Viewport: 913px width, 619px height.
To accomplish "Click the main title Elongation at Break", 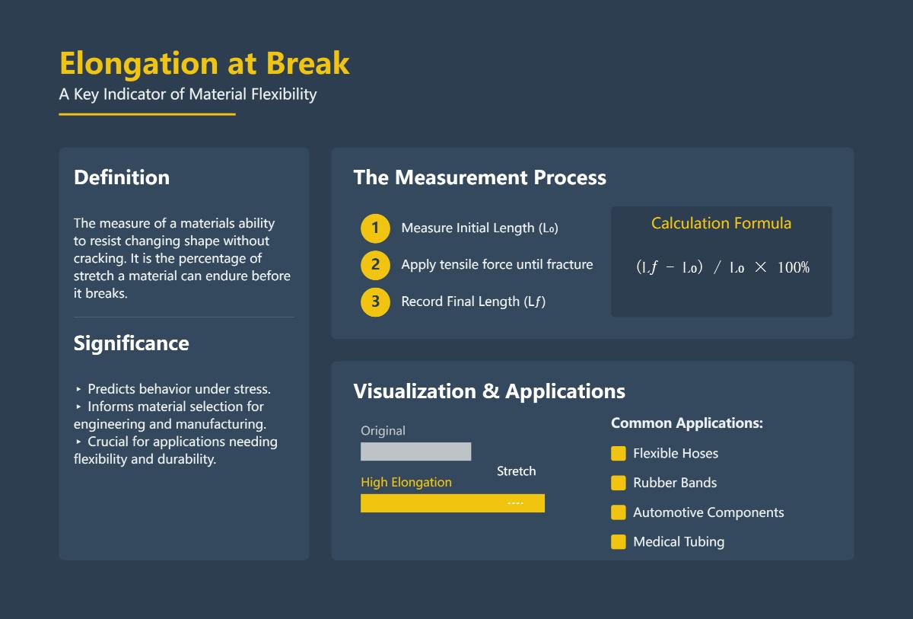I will pyautogui.click(x=204, y=63).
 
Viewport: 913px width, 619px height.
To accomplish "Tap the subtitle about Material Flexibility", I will pyautogui.click(x=187, y=94).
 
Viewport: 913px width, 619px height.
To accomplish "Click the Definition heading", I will pyautogui.click(x=122, y=177).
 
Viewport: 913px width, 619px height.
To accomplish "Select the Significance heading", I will pyautogui.click(x=131, y=343).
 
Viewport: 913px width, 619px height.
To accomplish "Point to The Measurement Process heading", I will pyautogui.click(x=479, y=177).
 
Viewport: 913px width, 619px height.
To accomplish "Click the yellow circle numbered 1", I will pyautogui.click(x=375, y=228).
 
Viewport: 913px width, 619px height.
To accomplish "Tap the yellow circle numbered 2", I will pyautogui.click(x=375, y=265).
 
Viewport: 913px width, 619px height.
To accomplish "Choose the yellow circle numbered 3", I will pyautogui.click(x=375, y=302).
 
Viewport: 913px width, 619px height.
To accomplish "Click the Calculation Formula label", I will pyautogui.click(x=721, y=223).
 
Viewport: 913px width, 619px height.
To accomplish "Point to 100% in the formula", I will pyautogui.click(x=793, y=268).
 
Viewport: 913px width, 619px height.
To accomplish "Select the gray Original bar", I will pyautogui.click(x=415, y=451).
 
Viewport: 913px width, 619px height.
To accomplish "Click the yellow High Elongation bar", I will pyautogui.click(x=452, y=503).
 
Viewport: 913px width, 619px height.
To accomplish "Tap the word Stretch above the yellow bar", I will pyautogui.click(x=516, y=471).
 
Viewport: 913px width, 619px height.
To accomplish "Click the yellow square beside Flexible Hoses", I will pyautogui.click(x=619, y=454).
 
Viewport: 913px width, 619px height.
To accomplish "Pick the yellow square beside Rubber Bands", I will pyautogui.click(x=619, y=483).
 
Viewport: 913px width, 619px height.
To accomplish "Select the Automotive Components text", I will pyautogui.click(x=708, y=512).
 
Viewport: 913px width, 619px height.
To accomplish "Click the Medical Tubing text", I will pyautogui.click(x=678, y=542).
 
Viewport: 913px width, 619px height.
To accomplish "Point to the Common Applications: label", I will pyautogui.click(x=686, y=423).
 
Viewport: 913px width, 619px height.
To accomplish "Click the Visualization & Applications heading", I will pyautogui.click(x=488, y=391).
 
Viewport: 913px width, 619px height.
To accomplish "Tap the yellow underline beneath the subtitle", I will pyautogui.click(x=147, y=114).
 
